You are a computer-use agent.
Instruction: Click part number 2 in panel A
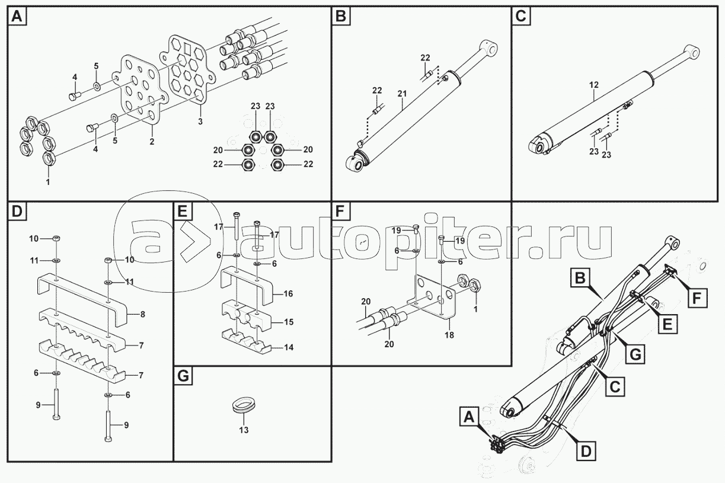[x=152, y=142]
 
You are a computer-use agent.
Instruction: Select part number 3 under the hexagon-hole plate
[x=200, y=121]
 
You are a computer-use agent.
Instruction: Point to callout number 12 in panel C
[x=594, y=85]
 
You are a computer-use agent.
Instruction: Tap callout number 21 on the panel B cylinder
[x=402, y=93]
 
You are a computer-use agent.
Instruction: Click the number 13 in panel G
[x=243, y=430]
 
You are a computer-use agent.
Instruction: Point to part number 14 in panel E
[x=288, y=348]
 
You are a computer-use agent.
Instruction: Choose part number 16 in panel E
[x=288, y=294]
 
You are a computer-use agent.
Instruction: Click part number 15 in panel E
[x=288, y=322]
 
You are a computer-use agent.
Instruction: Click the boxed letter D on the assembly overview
[x=585, y=451]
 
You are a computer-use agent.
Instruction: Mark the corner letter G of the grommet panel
[x=183, y=376]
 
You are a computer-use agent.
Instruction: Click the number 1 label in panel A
[x=48, y=182]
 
